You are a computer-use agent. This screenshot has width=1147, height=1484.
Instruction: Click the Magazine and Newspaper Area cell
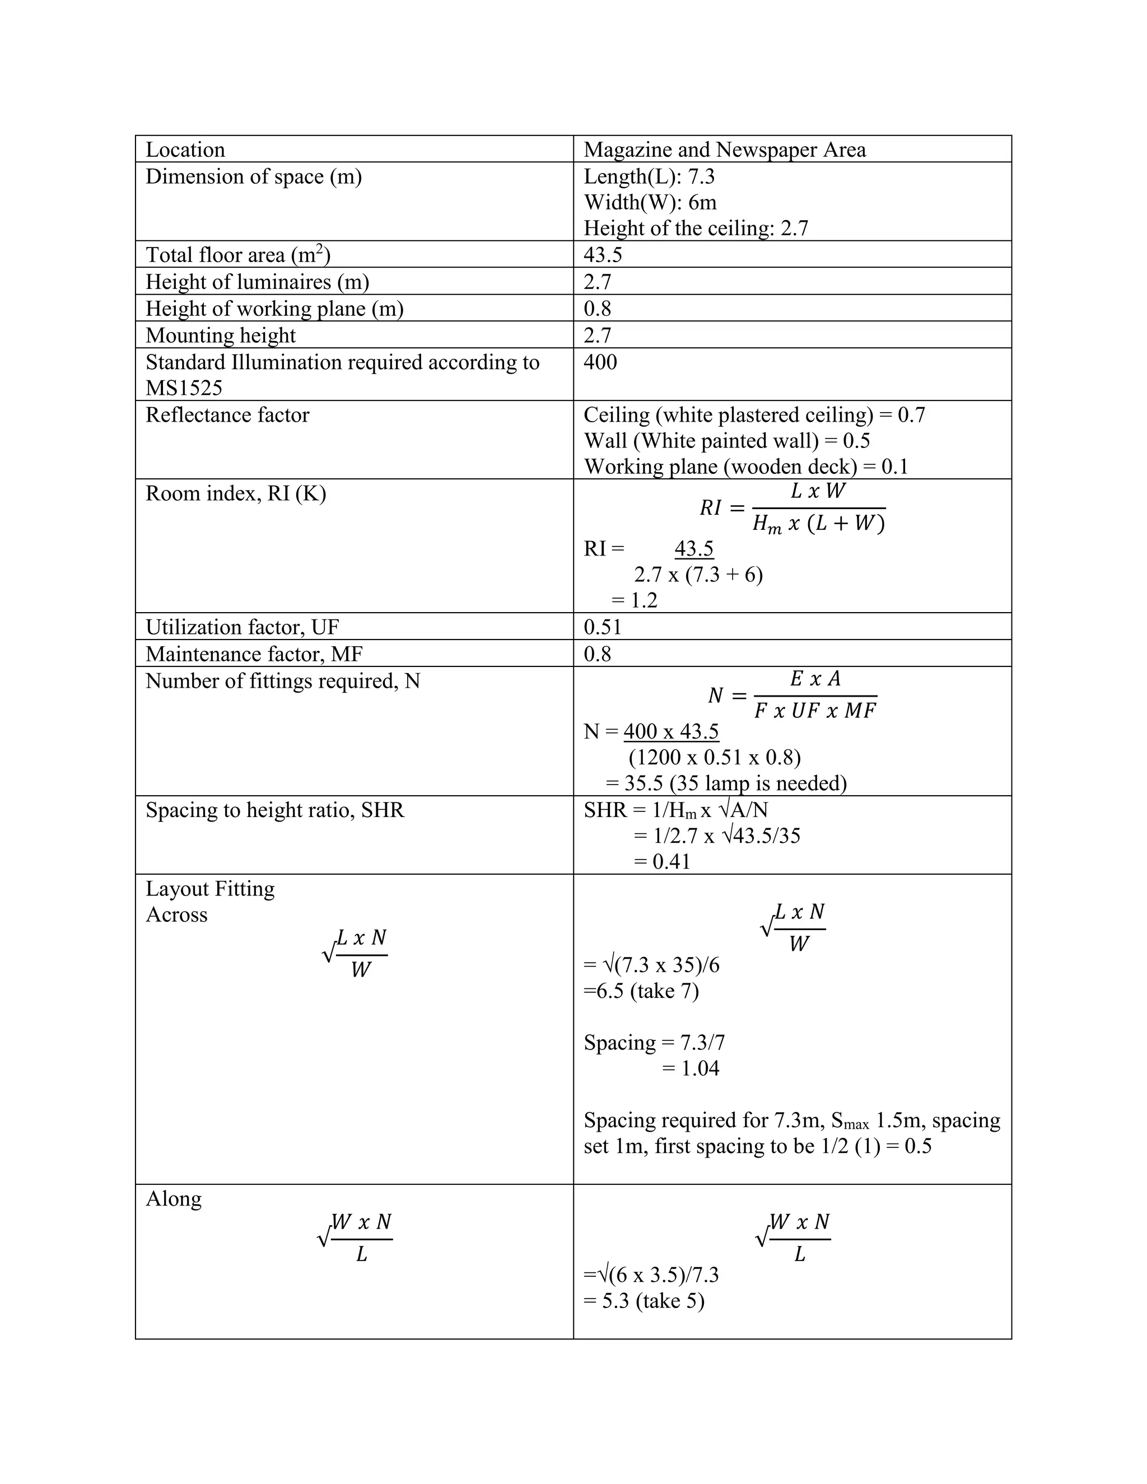724,150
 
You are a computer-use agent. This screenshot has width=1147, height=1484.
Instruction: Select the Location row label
185,150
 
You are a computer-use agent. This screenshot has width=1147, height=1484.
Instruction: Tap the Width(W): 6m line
650,203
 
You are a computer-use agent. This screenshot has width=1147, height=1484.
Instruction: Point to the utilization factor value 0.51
602,627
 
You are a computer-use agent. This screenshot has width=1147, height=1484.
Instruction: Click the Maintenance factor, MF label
254,654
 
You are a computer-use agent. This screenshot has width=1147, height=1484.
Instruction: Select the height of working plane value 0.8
597,309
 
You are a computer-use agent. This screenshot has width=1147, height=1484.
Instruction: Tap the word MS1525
184,388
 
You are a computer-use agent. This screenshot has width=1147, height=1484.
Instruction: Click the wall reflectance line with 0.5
726,441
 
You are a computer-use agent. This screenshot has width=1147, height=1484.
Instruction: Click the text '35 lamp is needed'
758,783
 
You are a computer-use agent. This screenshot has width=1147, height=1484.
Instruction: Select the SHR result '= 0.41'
662,862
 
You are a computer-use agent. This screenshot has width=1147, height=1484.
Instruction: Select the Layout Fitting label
210,889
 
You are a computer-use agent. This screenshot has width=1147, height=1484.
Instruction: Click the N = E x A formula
792,695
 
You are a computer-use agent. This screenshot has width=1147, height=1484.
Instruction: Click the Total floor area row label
238,255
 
